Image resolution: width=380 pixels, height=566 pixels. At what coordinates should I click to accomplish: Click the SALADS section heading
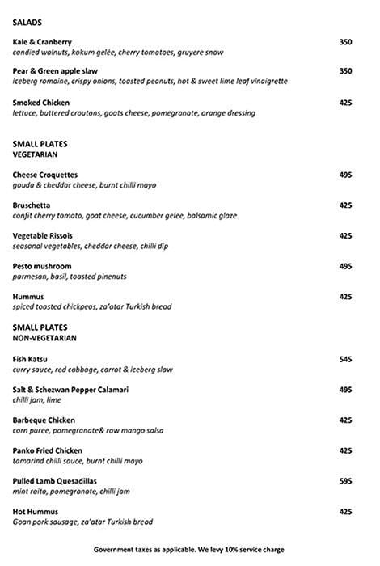(27, 23)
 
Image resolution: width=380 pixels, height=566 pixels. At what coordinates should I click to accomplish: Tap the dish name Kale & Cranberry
(42, 42)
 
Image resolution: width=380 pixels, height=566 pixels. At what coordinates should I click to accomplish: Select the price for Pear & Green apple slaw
(345, 72)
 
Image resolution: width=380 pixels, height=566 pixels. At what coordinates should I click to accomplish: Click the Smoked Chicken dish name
(41, 103)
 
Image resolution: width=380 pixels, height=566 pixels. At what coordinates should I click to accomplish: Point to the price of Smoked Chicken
(345, 103)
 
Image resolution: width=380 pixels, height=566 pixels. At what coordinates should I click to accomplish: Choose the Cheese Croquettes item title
(45, 175)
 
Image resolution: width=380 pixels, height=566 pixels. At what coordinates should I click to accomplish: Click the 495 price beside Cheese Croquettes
(345, 175)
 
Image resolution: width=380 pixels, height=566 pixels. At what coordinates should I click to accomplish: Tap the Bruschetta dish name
(32, 205)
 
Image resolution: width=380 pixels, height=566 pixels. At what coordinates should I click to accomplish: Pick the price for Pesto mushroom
(345, 266)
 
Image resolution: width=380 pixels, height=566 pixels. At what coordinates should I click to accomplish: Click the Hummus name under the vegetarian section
(28, 297)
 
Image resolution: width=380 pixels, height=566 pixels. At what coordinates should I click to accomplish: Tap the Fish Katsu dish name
(32, 358)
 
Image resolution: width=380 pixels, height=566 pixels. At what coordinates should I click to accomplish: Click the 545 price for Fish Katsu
(345, 358)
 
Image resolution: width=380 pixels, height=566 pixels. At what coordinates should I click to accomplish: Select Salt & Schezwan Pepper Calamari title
(71, 389)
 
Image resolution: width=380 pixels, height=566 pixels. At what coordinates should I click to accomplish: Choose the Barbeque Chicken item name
(44, 420)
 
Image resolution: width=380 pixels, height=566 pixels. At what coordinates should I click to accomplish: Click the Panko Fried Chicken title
(48, 450)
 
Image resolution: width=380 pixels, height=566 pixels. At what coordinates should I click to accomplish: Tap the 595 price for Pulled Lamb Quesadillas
(345, 481)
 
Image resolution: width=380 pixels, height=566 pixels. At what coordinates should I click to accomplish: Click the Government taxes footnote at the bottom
(188, 549)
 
